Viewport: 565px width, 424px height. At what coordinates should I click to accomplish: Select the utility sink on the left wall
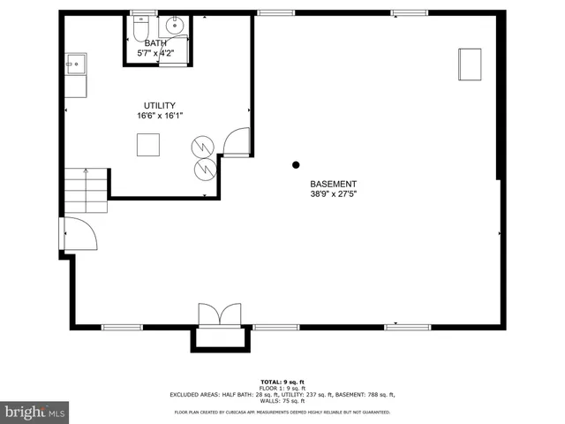76,64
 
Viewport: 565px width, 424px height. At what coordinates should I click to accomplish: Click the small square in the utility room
147,144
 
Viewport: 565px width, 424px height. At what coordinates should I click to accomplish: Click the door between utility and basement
237,141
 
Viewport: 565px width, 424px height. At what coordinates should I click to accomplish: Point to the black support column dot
296,164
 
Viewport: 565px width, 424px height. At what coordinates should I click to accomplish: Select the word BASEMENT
333,183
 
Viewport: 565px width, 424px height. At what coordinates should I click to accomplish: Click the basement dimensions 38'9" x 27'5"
333,193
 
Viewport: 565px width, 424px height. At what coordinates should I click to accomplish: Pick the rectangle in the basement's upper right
469,64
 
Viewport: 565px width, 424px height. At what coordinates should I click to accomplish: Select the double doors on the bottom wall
219,315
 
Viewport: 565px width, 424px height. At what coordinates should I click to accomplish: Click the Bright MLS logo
35,412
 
